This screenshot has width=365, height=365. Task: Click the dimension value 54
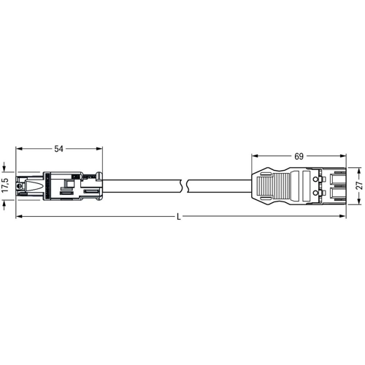click(58, 149)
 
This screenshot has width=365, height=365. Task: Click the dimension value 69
click(299, 156)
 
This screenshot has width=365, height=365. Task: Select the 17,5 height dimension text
click(5, 185)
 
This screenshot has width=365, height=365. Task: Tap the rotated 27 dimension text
click(360, 185)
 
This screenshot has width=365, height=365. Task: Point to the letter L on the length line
click(179, 217)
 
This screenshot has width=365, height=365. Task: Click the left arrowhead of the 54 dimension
click(19, 149)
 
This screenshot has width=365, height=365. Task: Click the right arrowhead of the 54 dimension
click(99, 149)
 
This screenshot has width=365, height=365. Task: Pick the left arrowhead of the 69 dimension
click(255, 156)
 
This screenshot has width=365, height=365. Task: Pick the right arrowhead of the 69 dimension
click(342, 156)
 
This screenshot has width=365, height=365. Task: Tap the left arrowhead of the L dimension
click(19, 216)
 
